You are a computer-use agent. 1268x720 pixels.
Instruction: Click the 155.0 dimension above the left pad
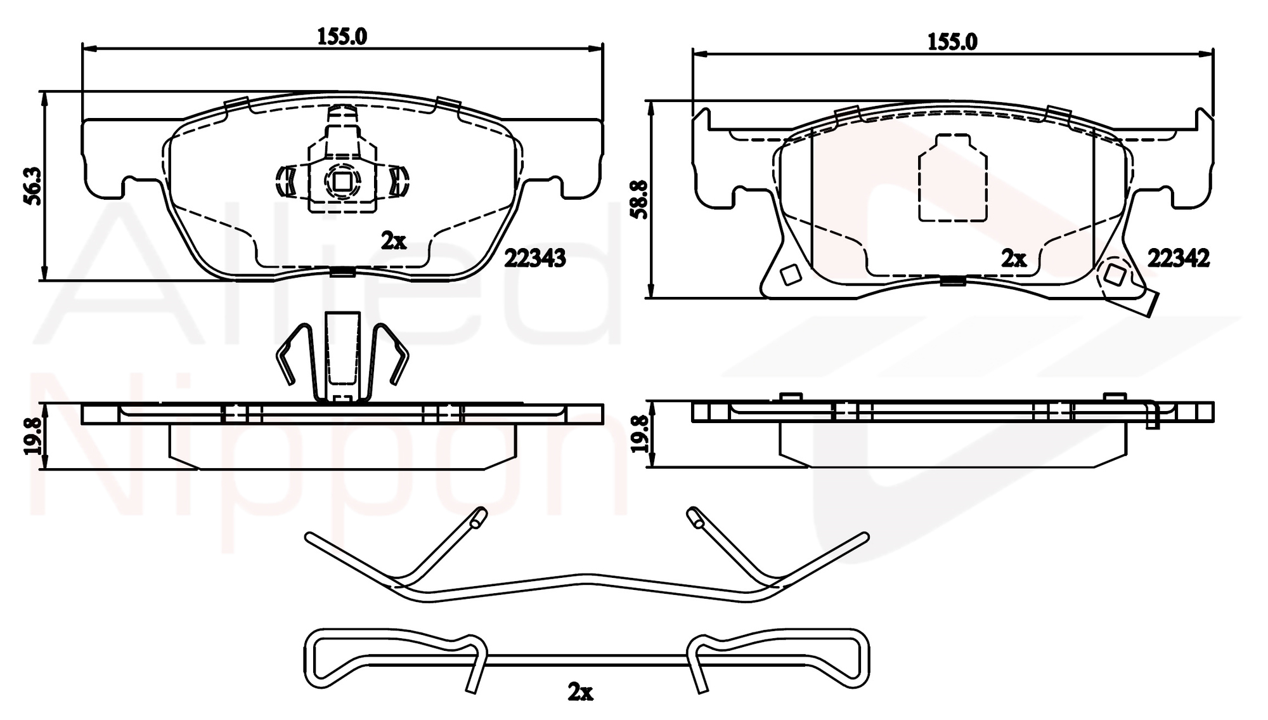click(342, 37)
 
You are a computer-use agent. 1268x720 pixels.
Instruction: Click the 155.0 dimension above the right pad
click(952, 42)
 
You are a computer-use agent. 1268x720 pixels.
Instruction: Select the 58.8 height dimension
click(640, 200)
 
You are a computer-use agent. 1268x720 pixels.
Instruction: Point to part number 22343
click(534, 258)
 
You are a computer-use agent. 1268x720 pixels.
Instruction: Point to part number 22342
click(1179, 258)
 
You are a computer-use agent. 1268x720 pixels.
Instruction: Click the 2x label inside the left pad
click(393, 241)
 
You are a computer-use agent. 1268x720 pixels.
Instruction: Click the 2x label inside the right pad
click(1013, 259)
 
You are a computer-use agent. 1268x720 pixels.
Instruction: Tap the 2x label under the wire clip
click(580, 692)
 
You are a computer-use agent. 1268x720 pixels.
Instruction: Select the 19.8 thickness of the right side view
click(640, 434)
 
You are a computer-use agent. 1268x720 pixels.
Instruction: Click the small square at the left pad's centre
click(342, 182)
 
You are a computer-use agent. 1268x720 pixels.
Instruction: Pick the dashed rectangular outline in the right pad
click(952, 178)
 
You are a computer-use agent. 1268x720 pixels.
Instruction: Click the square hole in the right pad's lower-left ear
click(790, 275)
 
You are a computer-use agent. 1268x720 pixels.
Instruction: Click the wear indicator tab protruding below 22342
click(1148, 304)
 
